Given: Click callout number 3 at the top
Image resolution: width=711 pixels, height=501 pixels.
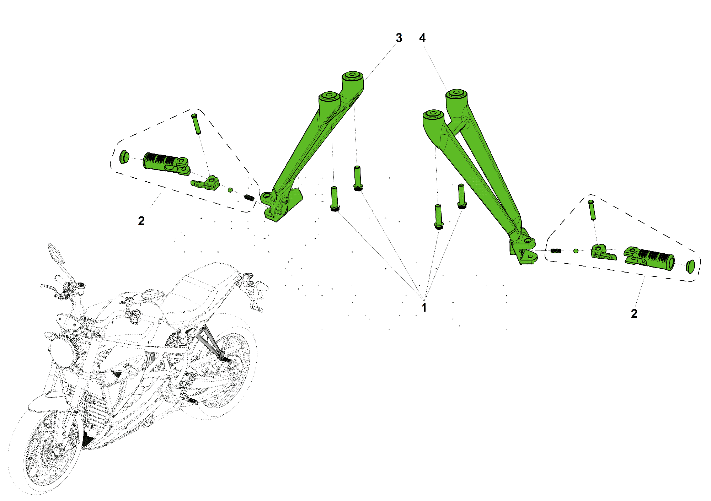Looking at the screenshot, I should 399,38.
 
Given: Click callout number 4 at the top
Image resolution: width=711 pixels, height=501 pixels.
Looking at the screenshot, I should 422,38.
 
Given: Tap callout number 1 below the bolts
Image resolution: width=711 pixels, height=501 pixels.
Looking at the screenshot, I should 424,307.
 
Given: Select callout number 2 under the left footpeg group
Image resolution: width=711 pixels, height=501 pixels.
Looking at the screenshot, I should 141,221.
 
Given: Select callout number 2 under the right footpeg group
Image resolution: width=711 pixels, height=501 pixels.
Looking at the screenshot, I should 634,314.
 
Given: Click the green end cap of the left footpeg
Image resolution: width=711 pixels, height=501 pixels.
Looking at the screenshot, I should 123,157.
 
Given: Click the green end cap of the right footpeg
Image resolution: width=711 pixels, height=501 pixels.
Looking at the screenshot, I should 690,266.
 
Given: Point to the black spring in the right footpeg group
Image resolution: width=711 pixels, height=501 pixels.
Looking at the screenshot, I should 556,251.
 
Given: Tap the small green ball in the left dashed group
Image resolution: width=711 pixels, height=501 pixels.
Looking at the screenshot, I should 230,190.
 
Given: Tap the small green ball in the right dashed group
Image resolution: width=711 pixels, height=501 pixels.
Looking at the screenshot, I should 576,251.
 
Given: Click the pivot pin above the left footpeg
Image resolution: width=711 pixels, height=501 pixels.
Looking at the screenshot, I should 196,124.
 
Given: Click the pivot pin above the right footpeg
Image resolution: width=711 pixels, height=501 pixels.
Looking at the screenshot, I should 592,210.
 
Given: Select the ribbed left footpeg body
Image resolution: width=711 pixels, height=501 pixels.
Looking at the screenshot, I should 160,162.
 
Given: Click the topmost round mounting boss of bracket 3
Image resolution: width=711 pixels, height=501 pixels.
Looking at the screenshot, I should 352,75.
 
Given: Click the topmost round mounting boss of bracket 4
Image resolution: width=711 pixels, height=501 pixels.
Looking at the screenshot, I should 456,93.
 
